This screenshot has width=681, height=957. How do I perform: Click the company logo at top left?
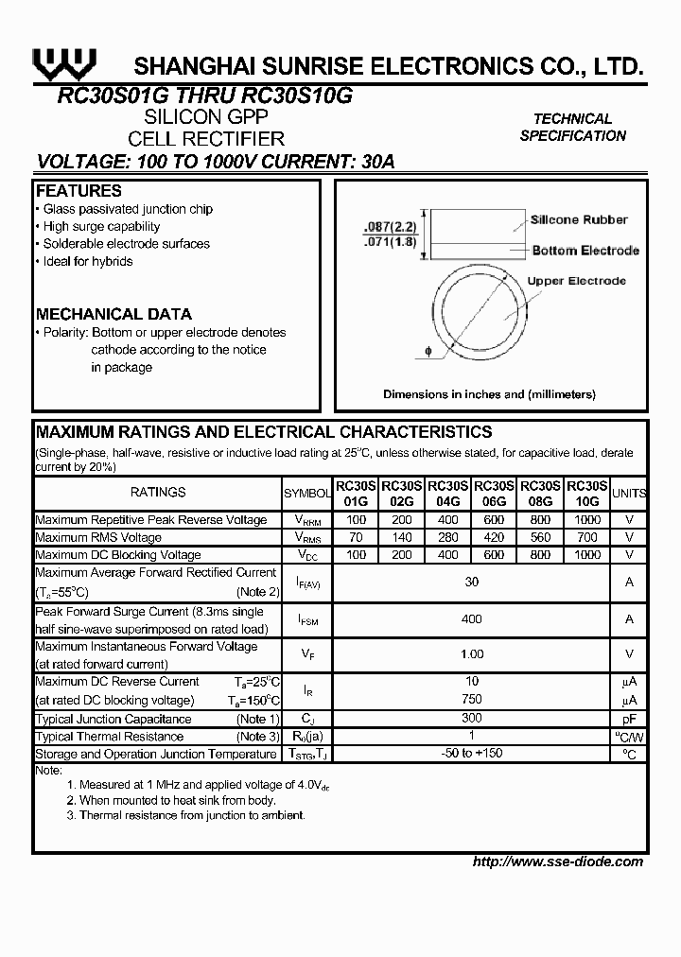click(x=63, y=63)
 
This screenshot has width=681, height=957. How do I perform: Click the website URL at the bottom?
click(x=557, y=861)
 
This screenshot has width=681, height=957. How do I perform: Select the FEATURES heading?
click(x=79, y=191)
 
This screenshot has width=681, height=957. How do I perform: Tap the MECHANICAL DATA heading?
click(x=113, y=314)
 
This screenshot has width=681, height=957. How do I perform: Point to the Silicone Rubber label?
click(x=578, y=219)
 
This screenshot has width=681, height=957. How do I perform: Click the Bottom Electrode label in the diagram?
click(x=585, y=251)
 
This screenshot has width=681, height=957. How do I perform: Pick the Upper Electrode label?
click(x=576, y=281)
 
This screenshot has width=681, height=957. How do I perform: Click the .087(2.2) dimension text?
click(x=388, y=228)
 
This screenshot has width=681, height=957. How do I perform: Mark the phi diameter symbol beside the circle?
click(x=428, y=352)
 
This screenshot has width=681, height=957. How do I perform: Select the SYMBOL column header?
click(x=307, y=493)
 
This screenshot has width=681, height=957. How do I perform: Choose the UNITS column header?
click(x=629, y=493)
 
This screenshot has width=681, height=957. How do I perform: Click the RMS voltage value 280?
click(x=448, y=537)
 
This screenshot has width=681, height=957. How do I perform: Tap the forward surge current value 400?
click(x=471, y=618)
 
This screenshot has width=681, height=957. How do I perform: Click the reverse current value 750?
click(x=471, y=700)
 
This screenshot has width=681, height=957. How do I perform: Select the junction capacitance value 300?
click(x=471, y=719)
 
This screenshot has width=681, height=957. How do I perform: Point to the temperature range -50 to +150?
click(x=471, y=754)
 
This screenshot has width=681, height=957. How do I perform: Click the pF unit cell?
click(x=629, y=719)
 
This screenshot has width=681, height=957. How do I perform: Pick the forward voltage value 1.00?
click(x=471, y=653)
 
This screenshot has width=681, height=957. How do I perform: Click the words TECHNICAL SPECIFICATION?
click(x=572, y=127)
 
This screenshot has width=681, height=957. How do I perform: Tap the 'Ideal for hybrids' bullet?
click(x=87, y=261)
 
